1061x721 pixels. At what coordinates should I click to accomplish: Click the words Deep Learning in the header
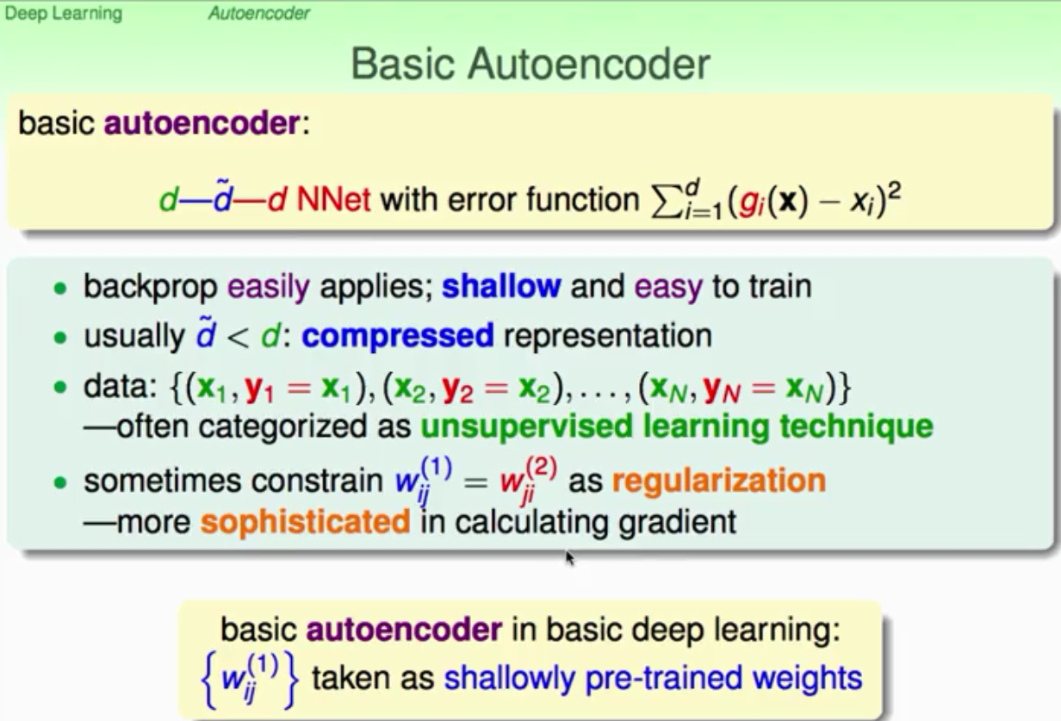[x=64, y=13]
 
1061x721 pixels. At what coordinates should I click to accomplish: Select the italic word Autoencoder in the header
[x=259, y=13]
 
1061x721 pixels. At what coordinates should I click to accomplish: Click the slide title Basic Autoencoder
[x=530, y=64]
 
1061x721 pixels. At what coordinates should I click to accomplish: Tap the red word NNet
[x=333, y=199]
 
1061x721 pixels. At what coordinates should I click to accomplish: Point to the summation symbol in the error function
[x=665, y=201]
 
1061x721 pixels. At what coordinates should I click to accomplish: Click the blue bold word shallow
[x=501, y=286]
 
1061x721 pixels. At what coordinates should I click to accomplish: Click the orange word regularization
[x=719, y=482]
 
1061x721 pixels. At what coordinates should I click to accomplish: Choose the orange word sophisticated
[x=305, y=523]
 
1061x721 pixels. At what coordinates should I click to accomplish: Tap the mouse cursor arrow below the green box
[x=570, y=558]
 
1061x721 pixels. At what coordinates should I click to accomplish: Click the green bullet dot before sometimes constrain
[x=60, y=482]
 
